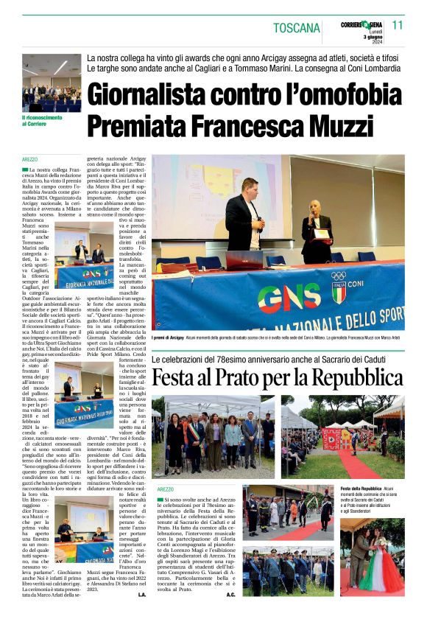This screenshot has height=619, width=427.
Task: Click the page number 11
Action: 398,25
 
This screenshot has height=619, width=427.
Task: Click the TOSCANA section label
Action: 297,28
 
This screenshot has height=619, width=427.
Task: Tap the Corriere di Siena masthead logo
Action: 361,26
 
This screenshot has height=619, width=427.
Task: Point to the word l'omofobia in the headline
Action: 325,95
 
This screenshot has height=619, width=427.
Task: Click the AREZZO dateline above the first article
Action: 30,159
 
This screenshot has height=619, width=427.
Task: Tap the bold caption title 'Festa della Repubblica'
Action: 361,489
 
